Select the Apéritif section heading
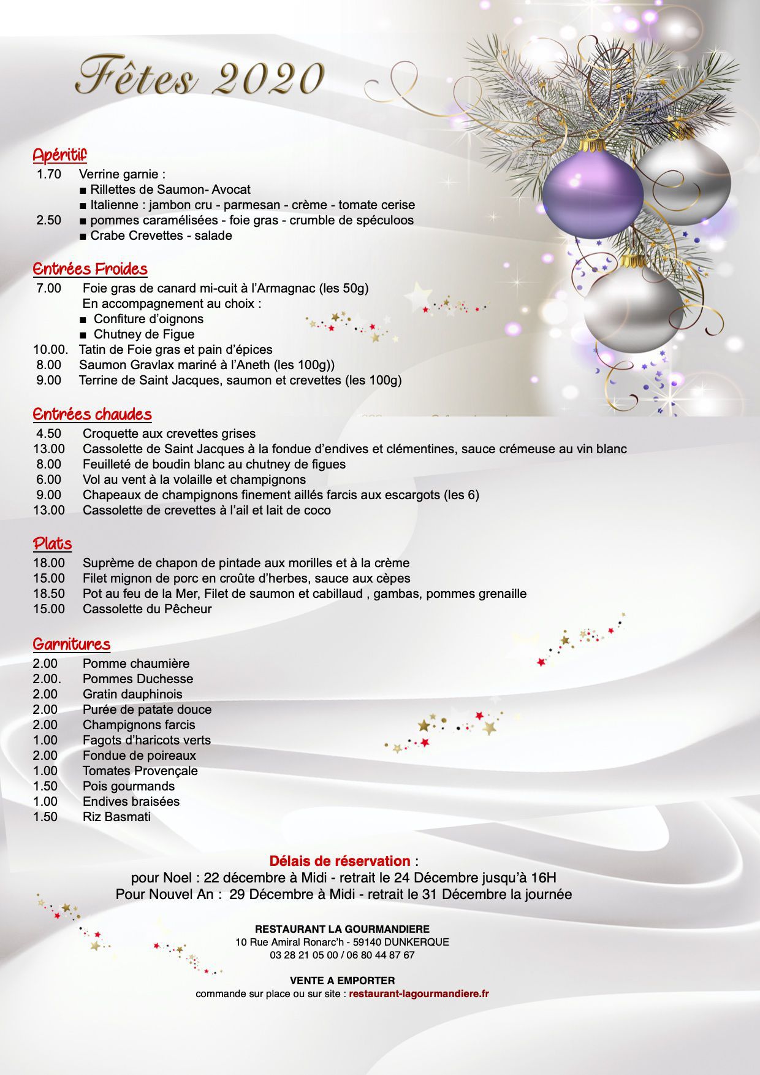(x=59, y=155)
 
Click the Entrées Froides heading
(x=90, y=269)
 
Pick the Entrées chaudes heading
(x=92, y=414)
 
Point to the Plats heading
(x=52, y=544)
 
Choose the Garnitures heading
(x=72, y=644)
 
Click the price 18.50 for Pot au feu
(x=48, y=594)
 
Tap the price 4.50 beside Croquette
(x=48, y=434)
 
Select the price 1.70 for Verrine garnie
(x=48, y=174)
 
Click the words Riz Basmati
(x=116, y=817)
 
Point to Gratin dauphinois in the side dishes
(x=132, y=694)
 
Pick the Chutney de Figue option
(x=143, y=334)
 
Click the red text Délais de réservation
(x=340, y=861)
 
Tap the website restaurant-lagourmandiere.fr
(x=419, y=993)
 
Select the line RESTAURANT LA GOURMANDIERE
(x=342, y=929)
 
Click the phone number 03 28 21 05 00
(x=303, y=955)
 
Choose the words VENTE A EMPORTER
(x=342, y=981)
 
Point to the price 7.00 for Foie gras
(x=48, y=288)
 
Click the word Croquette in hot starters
(x=111, y=434)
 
